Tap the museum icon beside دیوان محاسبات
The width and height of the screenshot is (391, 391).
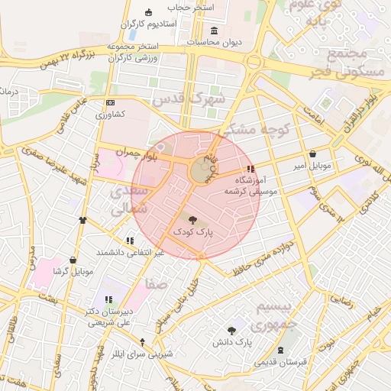coord(213,31)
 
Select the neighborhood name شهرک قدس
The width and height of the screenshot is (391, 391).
coord(189,99)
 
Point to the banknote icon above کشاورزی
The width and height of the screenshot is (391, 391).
coord(110,102)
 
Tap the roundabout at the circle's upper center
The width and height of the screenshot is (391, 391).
coord(202,170)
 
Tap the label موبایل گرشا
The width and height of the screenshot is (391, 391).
coord(73,271)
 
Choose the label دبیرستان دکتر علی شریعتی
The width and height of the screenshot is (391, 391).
coord(107,317)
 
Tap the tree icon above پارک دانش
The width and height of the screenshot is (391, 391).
coord(231,330)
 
